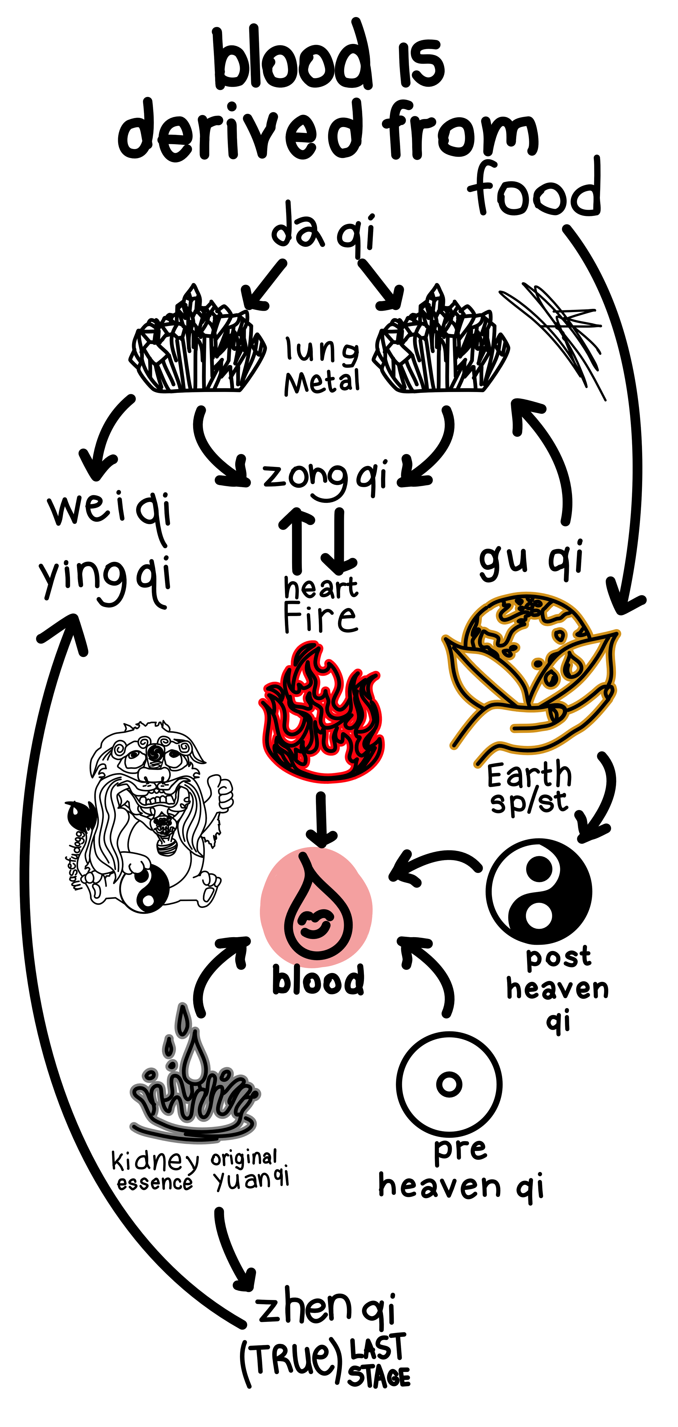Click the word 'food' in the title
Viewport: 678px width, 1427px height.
[x=535, y=191]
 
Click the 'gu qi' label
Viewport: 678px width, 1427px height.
[x=530, y=559]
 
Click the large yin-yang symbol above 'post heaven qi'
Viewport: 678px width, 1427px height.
[x=539, y=892]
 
